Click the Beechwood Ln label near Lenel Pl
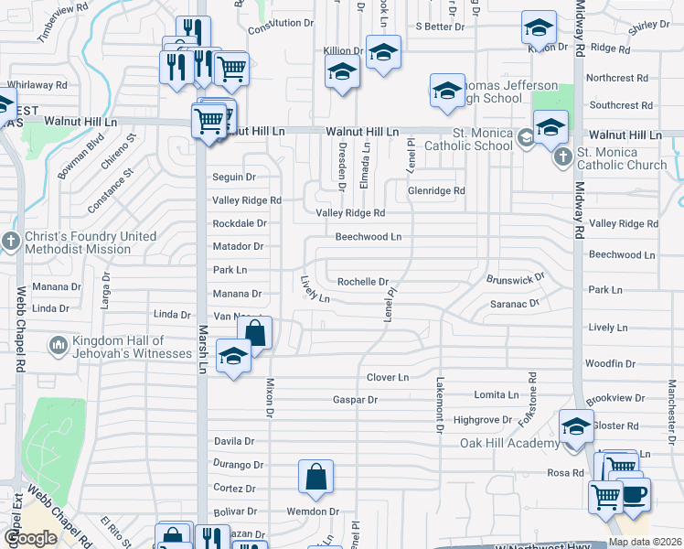click(x=368, y=237)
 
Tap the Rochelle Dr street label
click(x=363, y=282)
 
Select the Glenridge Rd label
click(x=436, y=191)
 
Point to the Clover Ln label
click(x=387, y=377)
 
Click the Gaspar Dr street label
click(x=355, y=400)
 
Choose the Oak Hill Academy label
click(x=509, y=444)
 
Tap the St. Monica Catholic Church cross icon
click(x=562, y=157)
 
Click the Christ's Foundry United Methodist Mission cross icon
click(x=10, y=242)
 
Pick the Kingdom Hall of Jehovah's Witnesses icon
click(x=57, y=346)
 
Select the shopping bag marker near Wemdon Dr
click(x=315, y=477)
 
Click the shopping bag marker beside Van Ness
click(x=256, y=333)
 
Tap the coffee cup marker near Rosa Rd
click(x=633, y=495)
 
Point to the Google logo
click(x=31, y=538)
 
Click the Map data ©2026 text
click(x=645, y=542)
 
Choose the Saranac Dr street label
click(x=515, y=303)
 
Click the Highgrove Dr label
click(x=483, y=420)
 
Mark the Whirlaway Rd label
click(x=37, y=84)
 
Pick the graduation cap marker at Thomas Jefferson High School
click(x=446, y=91)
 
